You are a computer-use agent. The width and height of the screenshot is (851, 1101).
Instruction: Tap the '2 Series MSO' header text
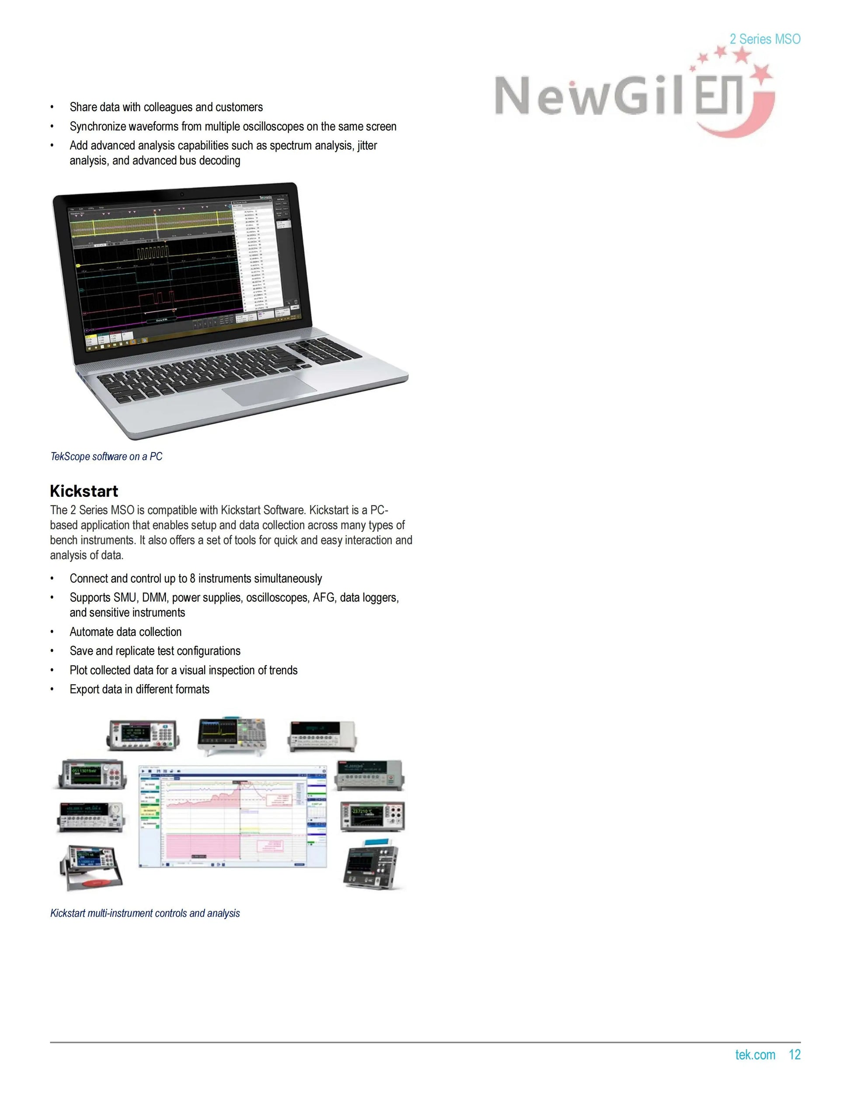click(764, 39)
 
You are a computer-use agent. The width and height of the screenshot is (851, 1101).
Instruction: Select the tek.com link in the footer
click(755, 1054)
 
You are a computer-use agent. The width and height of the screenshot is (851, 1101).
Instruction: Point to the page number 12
click(795, 1054)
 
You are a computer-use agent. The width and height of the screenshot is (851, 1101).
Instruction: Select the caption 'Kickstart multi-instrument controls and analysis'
click(145, 913)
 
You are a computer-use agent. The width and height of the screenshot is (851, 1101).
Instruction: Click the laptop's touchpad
click(270, 391)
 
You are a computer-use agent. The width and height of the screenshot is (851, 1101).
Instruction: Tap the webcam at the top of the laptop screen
click(182, 194)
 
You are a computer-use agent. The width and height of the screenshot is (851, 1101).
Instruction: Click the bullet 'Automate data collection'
click(126, 632)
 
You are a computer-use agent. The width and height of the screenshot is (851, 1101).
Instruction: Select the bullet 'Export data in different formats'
click(140, 689)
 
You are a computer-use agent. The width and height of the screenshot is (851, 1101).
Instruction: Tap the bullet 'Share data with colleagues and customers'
click(166, 107)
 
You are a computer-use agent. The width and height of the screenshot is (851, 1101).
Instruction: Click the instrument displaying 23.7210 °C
click(372, 817)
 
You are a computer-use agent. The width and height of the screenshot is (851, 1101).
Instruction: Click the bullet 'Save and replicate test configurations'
click(155, 651)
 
